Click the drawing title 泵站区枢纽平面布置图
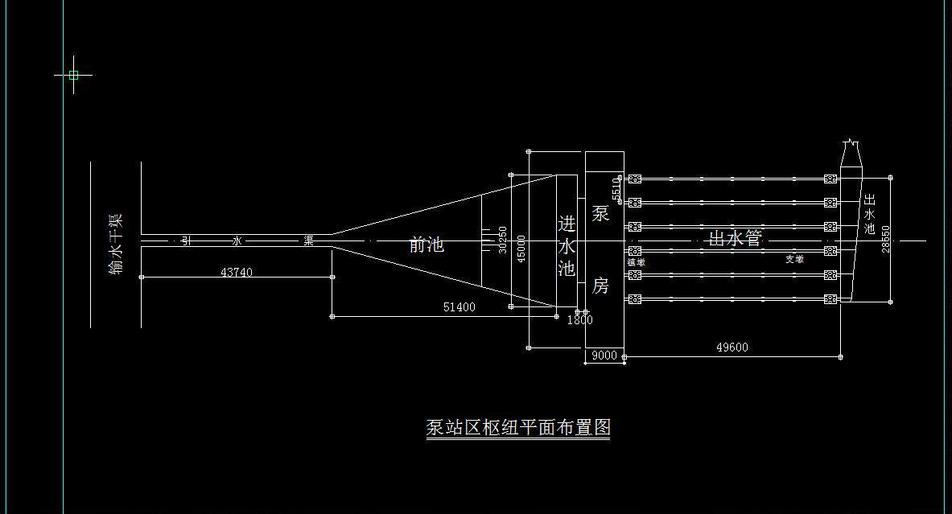tap(518, 427)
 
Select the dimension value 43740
tap(236, 273)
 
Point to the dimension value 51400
tap(460, 307)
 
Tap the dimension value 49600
tap(732, 347)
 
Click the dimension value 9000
tap(604, 356)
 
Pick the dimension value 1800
tap(579, 320)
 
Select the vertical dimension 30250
tap(503, 240)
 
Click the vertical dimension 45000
tap(521, 249)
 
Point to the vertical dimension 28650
tap(886, 240)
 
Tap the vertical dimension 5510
tap(616, 189)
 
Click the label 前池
tap(427, 245)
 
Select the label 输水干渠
tap(116, 245)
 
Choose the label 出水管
tap(735, 238)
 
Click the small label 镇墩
tap(636, 261)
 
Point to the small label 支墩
tap(794, 259)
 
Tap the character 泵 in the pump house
tap(600, 214)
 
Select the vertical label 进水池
tap(567, 245)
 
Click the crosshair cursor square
tap(73, 76)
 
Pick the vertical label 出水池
tap(869, 214)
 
